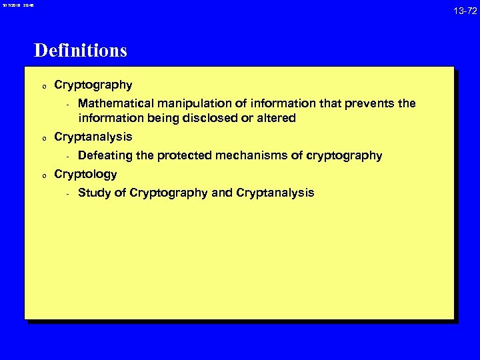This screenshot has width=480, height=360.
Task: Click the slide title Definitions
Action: click(81, 51)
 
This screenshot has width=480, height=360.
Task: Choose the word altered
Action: click(277, 119)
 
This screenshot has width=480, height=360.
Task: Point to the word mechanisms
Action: click(257, 156)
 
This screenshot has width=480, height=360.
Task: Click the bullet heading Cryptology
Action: click(85, 175)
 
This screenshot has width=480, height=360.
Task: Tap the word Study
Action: click(94, 193)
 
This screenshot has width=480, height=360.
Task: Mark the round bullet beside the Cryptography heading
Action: click(42, 87)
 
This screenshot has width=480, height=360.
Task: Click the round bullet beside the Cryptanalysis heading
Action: click(42, 139)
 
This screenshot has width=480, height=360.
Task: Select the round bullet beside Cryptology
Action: click(42, 176)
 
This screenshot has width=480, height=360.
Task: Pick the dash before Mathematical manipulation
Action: click(68, 104)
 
